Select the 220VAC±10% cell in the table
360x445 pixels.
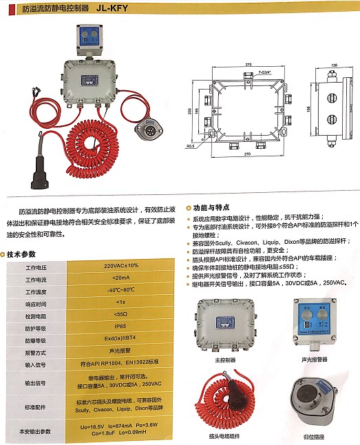120,265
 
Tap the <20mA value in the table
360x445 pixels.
120,277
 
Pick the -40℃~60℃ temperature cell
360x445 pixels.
120,289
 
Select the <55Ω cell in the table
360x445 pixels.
120,314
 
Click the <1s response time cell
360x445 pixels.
120,302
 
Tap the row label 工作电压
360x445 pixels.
35,265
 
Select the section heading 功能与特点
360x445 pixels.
212,207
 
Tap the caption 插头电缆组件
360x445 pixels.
224,436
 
